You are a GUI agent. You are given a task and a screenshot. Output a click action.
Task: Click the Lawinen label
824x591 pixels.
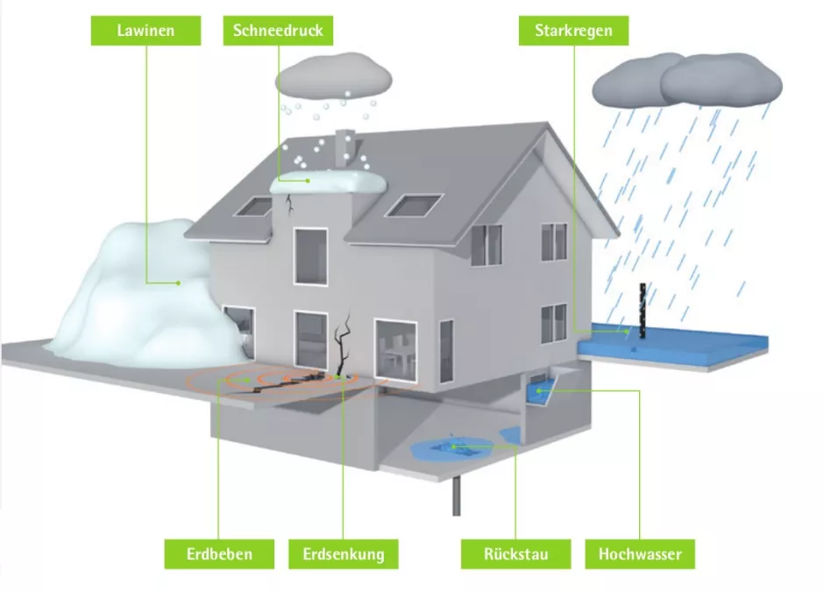[x=146, y=31]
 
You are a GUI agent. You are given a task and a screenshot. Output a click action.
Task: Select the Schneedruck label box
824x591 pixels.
[x=278, y=31]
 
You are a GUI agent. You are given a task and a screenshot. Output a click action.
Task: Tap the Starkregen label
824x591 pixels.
[x=573, y=31]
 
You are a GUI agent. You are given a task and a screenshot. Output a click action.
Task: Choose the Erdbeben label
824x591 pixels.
[x=219, y=553]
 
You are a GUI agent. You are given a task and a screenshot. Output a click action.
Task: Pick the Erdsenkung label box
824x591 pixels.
[x=343, y=553]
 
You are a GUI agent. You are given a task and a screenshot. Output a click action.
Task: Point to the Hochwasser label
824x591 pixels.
[x=639, y=553]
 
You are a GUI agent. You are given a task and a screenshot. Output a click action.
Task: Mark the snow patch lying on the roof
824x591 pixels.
[x=328, y=183]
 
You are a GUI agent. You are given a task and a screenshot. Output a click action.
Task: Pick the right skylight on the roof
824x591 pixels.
[x=412, y=204]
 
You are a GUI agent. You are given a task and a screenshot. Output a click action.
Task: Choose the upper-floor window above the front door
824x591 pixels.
[x=309, y=256]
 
